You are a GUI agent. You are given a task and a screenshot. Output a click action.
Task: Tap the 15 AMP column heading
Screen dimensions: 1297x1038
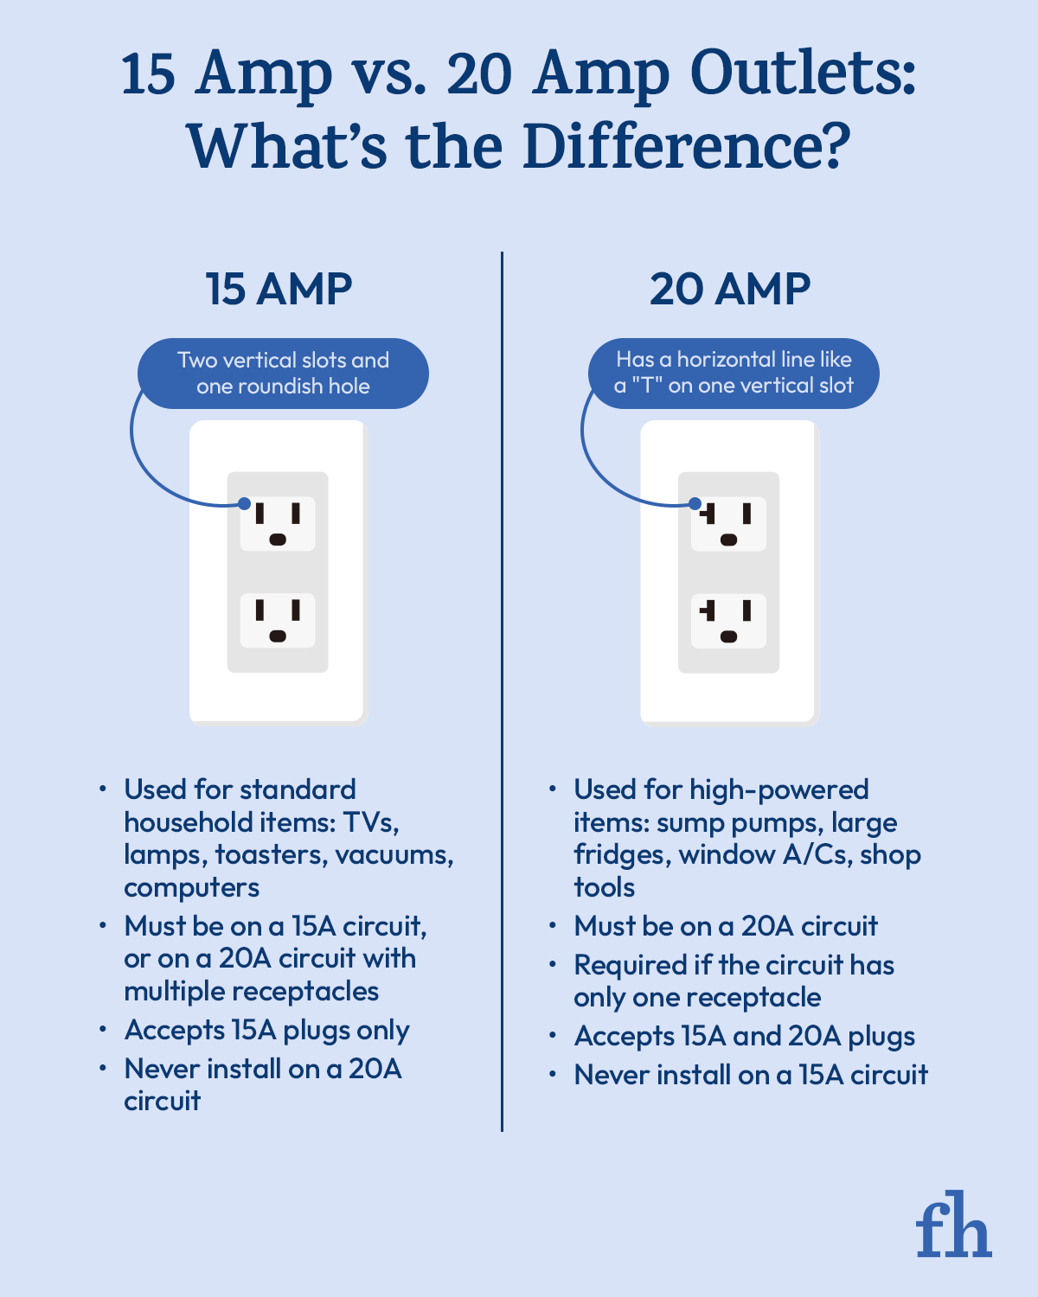(x=279, y=289)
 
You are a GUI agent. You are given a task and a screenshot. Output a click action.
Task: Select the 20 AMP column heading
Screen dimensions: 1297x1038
(x=730, y=289)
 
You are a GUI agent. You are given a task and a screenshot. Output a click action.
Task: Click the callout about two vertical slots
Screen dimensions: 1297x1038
(x=283, y=373)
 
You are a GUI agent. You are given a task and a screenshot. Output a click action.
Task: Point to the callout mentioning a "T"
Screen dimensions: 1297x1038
(x=734, y=373)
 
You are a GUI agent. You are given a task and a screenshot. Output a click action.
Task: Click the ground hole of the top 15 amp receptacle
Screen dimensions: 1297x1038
(x=278, y=540)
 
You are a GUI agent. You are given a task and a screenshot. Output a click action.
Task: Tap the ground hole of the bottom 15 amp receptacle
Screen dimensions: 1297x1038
(x=278, y=636)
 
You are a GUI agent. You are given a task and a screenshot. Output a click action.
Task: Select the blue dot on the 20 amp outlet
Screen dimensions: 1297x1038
(x=695, y=504)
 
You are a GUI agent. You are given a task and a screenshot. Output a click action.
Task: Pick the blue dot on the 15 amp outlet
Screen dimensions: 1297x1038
(x=245, y=503)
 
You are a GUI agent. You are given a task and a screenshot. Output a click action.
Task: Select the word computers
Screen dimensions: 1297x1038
(x=191, y=887)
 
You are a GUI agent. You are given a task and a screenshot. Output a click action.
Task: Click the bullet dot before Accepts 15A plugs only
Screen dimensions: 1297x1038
(x=103, y=1029)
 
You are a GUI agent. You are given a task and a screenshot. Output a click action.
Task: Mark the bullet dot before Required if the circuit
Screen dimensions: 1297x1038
(x=553, y=964)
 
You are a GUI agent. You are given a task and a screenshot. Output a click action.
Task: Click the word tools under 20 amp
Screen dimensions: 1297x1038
(x=604, y=887)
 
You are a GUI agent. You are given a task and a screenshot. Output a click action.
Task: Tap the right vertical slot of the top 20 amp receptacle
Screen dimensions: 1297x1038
(x=747, y=514)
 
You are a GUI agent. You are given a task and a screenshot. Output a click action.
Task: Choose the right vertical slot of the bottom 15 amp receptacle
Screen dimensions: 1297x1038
(x=296, y=610)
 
